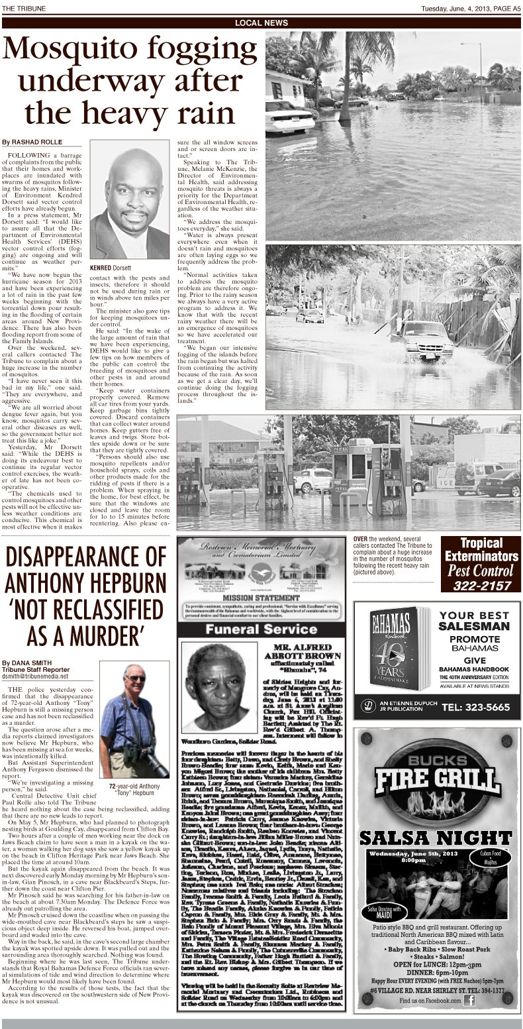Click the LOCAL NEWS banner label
(261, 23)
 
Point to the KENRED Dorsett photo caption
(111, 267)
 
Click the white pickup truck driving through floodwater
(427, 339)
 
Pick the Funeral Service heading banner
(261, 629)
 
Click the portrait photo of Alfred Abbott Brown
(213, 686)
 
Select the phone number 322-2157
(482, 586)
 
